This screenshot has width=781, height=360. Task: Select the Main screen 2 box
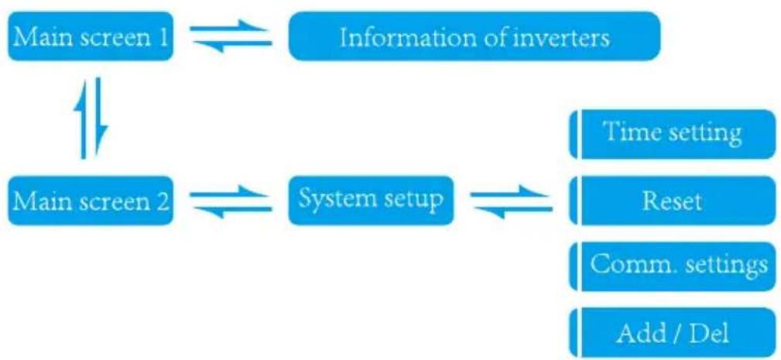tap(90, 201)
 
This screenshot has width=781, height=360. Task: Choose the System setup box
tap(371, 201)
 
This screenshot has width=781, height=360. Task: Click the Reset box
tap(673, 201)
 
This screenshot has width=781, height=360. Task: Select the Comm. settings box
tap(673, 266)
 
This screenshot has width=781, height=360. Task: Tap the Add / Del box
tap(673, 332)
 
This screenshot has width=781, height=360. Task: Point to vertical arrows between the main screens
tap(90, 118)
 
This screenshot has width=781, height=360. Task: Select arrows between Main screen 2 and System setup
tap(231, 201)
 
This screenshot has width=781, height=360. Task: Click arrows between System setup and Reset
tap(512, 201)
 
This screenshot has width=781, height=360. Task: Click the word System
tap(331, 201)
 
